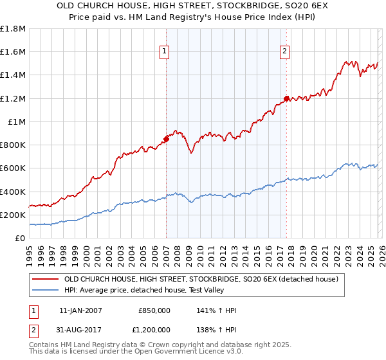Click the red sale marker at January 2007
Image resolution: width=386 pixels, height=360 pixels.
tap(166, 138)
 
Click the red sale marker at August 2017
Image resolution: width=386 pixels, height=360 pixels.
tap(286, 98)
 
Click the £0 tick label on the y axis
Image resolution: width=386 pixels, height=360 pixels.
tap(20, 239)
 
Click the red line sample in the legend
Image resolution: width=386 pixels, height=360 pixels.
tap(45, 279)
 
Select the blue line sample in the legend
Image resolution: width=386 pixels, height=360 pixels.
tap(45, 290)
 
